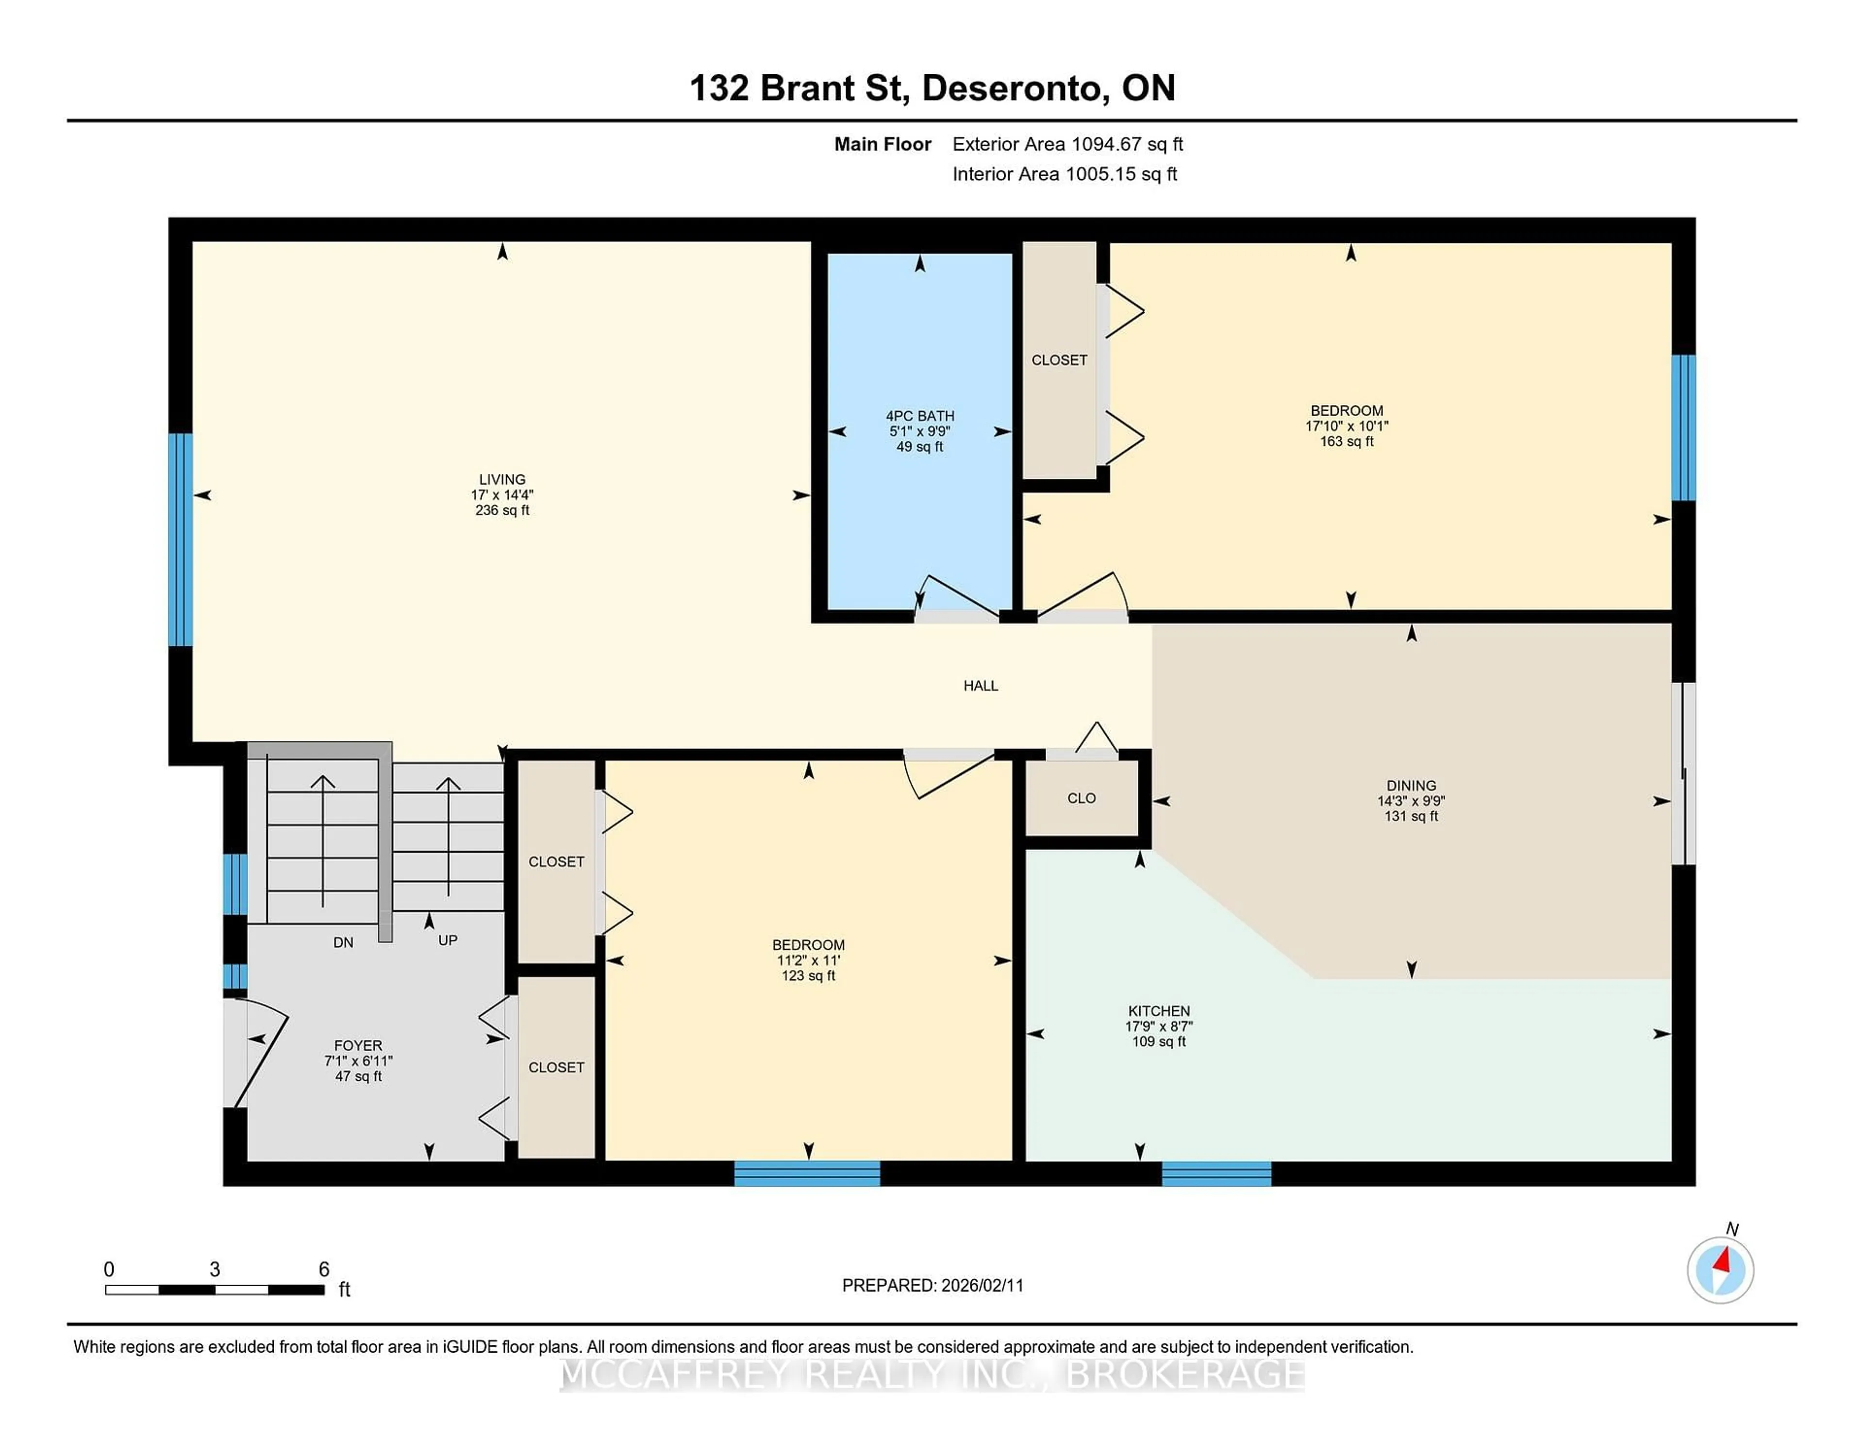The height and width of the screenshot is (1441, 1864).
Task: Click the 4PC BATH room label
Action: (x=919, y=416)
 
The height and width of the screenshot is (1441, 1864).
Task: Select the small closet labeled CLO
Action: (x=1082, y=798)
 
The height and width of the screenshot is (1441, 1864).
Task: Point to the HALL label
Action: (x=981, y=686)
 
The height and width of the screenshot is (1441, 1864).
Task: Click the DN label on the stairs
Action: (x=343, y=942)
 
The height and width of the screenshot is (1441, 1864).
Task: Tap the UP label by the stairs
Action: (x=447, y=940)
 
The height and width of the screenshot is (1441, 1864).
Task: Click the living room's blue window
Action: (x=180, y=539)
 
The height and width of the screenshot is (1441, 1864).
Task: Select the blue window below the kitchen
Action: (x=1216, y=1174)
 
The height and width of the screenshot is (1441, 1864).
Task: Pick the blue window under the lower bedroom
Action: (x=807, y=1174)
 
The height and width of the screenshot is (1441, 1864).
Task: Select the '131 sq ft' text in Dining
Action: (x=1411, y=816)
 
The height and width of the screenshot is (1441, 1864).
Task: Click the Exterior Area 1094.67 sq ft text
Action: (x=1067, y=144)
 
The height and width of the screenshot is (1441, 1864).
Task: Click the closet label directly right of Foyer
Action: (x=556, y=1067)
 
